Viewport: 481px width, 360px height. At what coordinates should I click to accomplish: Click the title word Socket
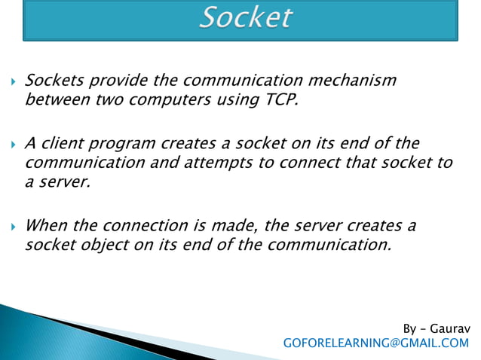(x=245, y=18)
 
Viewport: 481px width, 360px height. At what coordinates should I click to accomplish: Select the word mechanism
(x=352, y=81)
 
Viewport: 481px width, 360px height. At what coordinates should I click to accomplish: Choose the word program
(x=124, y=143)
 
